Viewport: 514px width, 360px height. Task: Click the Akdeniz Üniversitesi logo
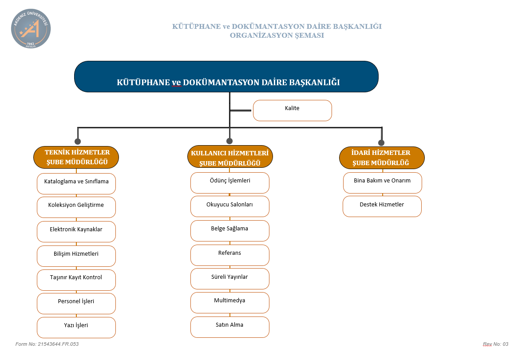(x=31, y=28)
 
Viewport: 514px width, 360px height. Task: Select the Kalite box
(x=293, y=111)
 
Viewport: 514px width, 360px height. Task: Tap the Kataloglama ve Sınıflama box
(x=76, y=184)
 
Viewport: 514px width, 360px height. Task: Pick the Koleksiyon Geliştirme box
(x=76, y=207)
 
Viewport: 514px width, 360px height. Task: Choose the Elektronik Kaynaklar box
(x=76, y=232)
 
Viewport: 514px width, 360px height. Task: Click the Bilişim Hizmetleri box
(x=76, y=256)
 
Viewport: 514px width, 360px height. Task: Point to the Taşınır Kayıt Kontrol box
(x=76, y=280)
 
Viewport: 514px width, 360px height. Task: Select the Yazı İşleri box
(x=76, y=328)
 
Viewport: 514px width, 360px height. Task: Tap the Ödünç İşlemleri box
(x=230, y=183)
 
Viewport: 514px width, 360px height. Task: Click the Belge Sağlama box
(x=230, y=231)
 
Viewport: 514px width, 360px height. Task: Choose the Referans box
(x=230, y=255)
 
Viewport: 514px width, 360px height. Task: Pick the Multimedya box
(x=230, y=303)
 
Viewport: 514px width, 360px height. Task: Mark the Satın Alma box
(x=230, y=327)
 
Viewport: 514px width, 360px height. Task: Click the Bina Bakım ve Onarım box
(x=383, y=183)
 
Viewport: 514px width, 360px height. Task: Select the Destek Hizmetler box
(x=382, y=206)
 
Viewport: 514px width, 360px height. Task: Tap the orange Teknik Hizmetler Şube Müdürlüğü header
(x=76, y=158)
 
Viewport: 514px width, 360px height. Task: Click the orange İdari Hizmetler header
(x=382, y=158)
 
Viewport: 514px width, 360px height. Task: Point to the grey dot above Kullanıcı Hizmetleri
(x=229, y=141)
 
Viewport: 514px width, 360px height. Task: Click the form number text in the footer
(x=47, y=344)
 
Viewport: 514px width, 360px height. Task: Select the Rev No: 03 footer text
(x=496, y=344)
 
